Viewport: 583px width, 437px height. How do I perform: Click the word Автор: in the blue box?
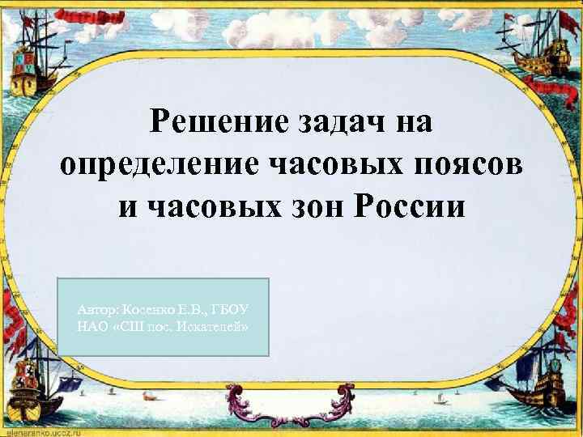pos(96,310)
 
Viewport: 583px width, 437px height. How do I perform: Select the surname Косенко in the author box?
pos(149,310)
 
